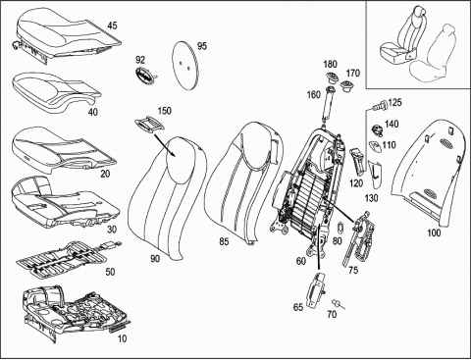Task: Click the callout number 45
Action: [x=112, y=26]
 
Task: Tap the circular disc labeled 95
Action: [x=183, y=66]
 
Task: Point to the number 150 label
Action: [x=165, y=111]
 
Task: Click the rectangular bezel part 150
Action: [x=149, y=125]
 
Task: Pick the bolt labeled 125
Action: [x=380, y=105]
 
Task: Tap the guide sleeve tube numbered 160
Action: [x=328, y=105]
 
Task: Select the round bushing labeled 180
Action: [x=331, y=78]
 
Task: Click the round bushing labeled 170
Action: [x=346, y=86]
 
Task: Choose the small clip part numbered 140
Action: [x=377, y=130]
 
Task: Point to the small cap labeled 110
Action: [x=375, y=147]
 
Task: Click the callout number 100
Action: [x=434, y=232]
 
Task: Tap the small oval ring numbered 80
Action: [x=340, y=228]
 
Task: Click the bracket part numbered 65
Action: [x=316, y=290]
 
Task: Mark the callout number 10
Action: [x=122, y=338]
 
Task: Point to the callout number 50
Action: [x=110, y=272]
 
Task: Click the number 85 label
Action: [x=224, y=241]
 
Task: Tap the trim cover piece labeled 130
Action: [x=375, y=176]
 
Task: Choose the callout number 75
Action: [x=353, y=270]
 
